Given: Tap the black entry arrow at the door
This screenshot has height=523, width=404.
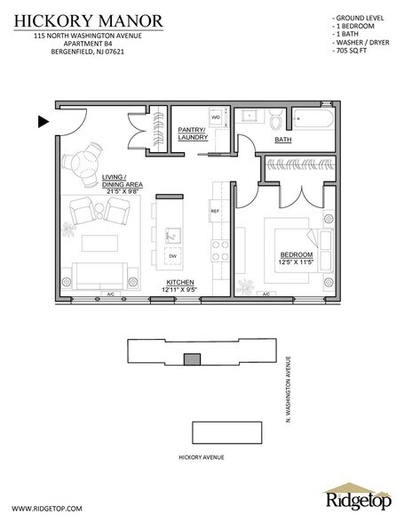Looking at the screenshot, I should click(42, 121).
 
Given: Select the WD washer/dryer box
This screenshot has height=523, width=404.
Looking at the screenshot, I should click(216, 117).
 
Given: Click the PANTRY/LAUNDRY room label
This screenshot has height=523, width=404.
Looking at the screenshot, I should click(191, 134).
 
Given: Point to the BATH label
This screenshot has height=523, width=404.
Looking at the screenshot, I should click(283, 140).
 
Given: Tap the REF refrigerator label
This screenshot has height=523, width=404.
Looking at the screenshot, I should click(214, 211).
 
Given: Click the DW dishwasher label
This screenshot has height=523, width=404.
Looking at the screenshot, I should click(172, 255).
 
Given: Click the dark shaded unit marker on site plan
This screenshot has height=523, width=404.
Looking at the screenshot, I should click(189, 358).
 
